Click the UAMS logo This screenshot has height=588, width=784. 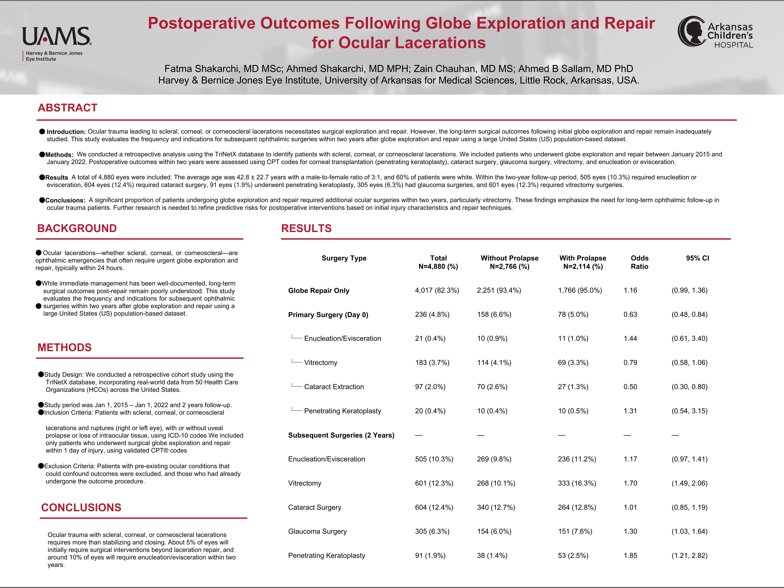(x=57, y=43)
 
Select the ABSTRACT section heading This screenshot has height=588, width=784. (x=67, y=108)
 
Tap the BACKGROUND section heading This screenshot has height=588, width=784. (x=77, y=228)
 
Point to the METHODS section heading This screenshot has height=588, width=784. (x=64, y=347)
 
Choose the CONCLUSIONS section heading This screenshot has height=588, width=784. (x=81, y=508)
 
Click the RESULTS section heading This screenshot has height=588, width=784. (x=306, y=228)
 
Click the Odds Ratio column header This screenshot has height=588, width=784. (x=639, y=262)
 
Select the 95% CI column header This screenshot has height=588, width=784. (x=697, y=258)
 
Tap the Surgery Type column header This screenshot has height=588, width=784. (x=344, y=258)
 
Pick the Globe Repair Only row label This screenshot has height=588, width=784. (x=319, y=291)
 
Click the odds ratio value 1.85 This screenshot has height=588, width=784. (x=630, y=555)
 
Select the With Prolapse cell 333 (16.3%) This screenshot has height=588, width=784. (x=577, y=483)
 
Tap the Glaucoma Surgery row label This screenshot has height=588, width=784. (x=317, y=531)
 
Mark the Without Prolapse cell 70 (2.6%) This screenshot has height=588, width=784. (x=492, y=387)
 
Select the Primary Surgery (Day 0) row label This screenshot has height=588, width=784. (x=328, y=315)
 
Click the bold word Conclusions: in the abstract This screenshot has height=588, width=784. (x=65, y=200)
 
